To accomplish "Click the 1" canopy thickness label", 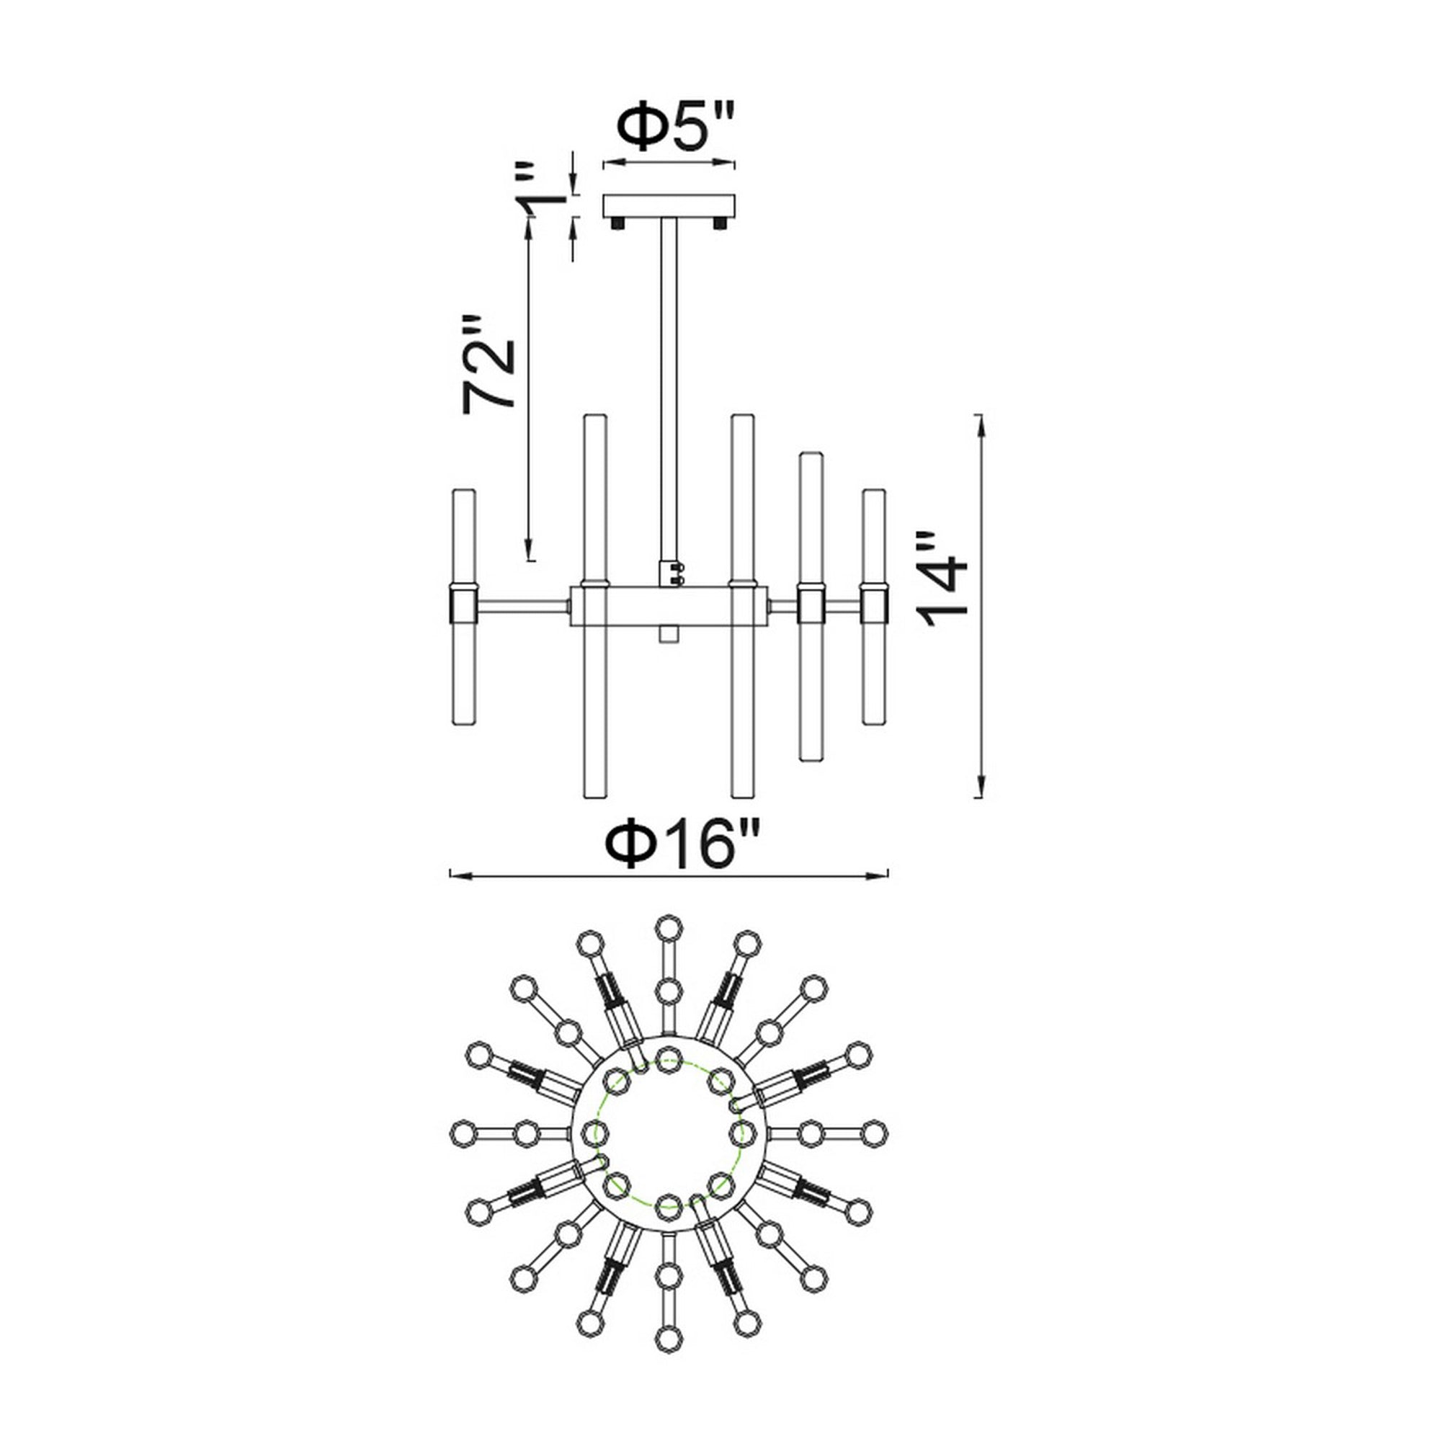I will pyautogui.click(x=544, y=191).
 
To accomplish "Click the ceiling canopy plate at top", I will pyautogui.click(x=669, y=206).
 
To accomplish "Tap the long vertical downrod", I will pyautogui.click(x=669, y=388).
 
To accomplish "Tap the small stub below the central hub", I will pyautogui.click(x=669, y=634).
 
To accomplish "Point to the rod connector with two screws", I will pyautogui.click(x=671, y=574).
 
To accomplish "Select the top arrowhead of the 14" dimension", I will pyautogui.click(x=981, y=422).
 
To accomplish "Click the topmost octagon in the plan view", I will pyautogui.click(x=669, y=929).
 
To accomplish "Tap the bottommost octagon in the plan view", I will pyautogui.click(x=669, y=1334).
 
